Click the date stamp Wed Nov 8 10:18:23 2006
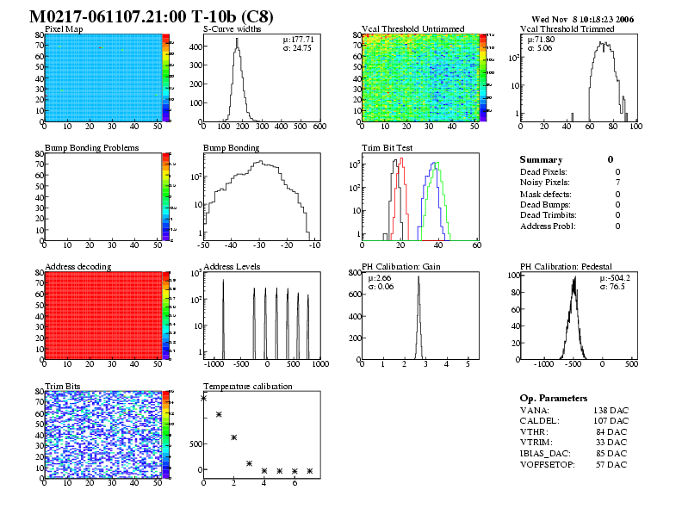(582, 18)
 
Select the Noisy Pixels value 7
(617, 183)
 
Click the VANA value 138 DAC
(610, 411)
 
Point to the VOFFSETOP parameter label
(549, 465)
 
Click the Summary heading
(541, 159)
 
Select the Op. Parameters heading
(554, 398)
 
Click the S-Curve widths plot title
(231, 28)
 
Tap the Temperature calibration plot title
(248, 386)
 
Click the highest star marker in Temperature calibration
(204, 398)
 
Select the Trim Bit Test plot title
(387, 147)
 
